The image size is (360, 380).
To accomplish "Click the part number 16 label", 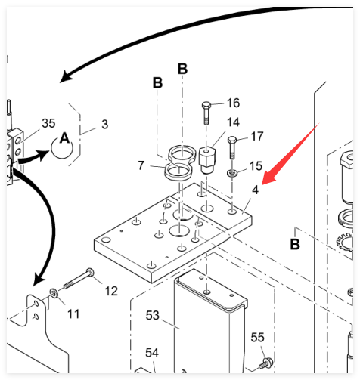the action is pos(233,103).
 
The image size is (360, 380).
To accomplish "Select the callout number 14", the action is pos(233,122).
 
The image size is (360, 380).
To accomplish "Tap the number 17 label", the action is pos(257,137).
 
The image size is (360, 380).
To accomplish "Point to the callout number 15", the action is pos(256,166).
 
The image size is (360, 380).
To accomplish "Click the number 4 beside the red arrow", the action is pos(256,190).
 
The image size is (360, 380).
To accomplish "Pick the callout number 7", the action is pos(141,165).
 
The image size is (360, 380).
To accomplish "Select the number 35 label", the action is pos(48,123).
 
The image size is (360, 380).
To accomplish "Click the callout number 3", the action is pos(105,125).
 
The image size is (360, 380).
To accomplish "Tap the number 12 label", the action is pos(111,291).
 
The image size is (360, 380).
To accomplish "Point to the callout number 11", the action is pos(73,314).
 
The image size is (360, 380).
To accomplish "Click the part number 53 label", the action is pos(153,315).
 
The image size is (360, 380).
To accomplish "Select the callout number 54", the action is pos(152,353).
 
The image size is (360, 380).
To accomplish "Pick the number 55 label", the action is pos(257,338).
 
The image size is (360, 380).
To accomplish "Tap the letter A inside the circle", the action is pos(65,138).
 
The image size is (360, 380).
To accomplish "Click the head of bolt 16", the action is pos(206,105).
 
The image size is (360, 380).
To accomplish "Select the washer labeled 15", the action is pos(232,173).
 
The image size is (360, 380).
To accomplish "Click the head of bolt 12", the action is pos(90,272).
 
